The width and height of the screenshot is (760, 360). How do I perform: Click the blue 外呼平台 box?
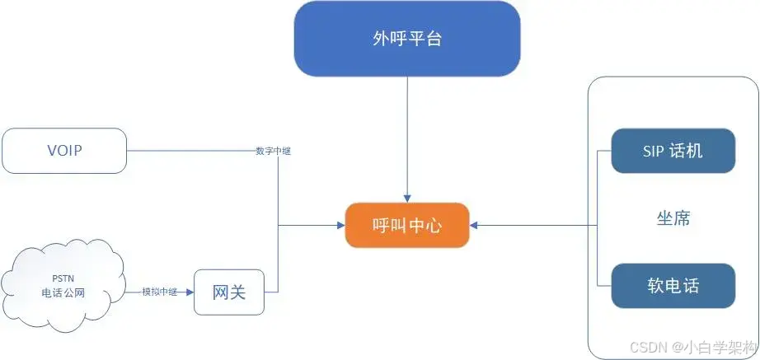click(407, 39)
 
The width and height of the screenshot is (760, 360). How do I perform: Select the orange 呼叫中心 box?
click(407, 224)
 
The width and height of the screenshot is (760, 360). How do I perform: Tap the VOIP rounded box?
click(65, 151)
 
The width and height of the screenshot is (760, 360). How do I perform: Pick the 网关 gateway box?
click(229, 292)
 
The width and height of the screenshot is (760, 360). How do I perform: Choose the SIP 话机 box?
click(673, 151)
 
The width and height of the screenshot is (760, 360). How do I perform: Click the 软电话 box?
click(673, 286)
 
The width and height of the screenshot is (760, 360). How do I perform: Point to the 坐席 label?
click(673, 218)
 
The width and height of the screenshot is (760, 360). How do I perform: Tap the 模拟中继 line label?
click(159, 292)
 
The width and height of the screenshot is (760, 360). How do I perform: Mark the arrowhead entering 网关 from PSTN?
click(190, 292)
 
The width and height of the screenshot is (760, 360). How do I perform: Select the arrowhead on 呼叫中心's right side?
click(475, 224)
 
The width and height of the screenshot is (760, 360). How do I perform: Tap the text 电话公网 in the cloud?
click(63, 293)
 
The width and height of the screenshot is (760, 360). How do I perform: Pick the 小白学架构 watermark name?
click(721, 347)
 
